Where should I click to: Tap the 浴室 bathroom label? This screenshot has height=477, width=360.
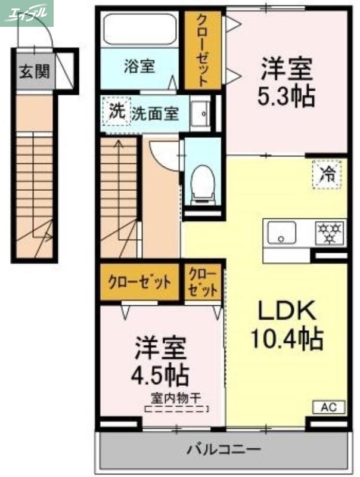point(139,66)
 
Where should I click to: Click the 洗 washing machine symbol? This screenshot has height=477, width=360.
point(116,111)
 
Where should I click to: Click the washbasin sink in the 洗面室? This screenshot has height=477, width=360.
point(201,113)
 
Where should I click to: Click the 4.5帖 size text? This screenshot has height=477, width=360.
point(160,376)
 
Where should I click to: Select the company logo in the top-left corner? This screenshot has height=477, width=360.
point(27,13)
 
